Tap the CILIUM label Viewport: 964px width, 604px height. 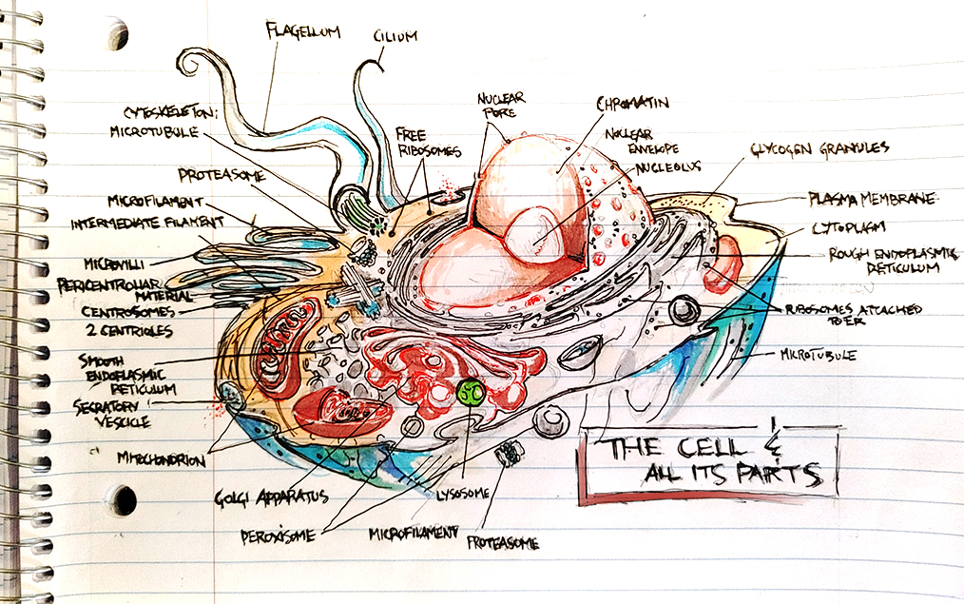(x=396, y=37)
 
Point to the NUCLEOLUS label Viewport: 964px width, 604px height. (x=667, y=166)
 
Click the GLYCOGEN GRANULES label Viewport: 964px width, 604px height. (x=819, y=148)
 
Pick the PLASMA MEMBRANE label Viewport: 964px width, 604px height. (x=872, y=199)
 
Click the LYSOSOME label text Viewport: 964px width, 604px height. (x=462, y=493)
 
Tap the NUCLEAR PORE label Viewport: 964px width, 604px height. (x=501, y=105)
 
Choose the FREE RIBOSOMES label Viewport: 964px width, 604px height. (x=429, y=142)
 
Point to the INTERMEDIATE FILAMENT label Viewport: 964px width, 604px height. (x=147, y=224)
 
